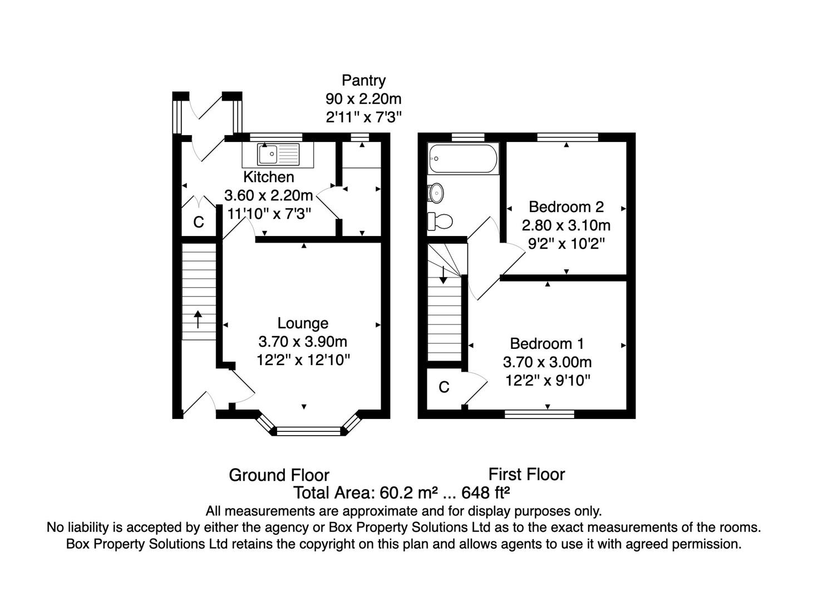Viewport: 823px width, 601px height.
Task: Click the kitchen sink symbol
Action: pyautogui.click(x=278, y=155)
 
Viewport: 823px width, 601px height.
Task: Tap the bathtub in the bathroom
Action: pyautogui.click(x=463, y=159)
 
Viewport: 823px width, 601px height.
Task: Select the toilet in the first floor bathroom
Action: pyautogui.click(x=440, y=221)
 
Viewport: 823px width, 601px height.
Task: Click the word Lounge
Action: pyautogui.click(x=303, y=323)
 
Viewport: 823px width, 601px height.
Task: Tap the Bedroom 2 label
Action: pyautogui.click(x=566, y=207)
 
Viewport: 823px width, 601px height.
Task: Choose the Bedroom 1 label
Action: pyautogui.click(x=546, y=343)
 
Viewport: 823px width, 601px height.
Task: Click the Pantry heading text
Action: pyautogui.click(x=364, y=81)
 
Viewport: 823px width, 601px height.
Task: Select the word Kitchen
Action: pyautogui.click(x=269, y=177)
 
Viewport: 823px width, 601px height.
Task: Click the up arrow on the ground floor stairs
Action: pyautogui.click(x=198, y=319)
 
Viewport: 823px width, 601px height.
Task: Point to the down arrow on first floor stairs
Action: pyautogui.click(x=443, y=275)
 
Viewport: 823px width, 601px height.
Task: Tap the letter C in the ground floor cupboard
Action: pyautogui.click(x=199, y=222)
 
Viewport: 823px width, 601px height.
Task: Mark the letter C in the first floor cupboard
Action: pyautogui.click(x=444, y=387)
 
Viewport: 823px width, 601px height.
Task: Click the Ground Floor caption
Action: pyautogui.click(x=279, y=475)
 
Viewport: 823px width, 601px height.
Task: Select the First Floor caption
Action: pyautogui.click(x=526, y=475)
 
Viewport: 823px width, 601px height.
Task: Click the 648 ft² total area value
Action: pyautogui.click(x=485, y=492)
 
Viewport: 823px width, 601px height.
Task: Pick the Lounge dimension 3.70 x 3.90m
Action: pyautogui.click(x=303, y=342)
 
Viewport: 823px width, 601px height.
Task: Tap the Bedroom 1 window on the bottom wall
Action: pyautogui.click(x=539, y=414)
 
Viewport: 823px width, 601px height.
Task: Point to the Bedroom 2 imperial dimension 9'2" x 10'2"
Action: pyautogui.click(x=566, y=243)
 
